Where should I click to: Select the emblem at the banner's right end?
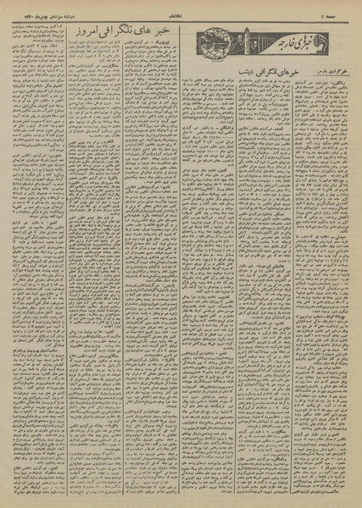coord(345,43)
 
